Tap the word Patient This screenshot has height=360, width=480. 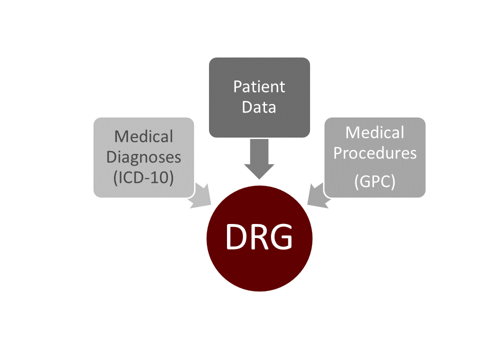tap(259, 87)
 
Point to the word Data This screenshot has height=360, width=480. tap(259, 107)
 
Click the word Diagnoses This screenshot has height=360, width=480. tap(144, 157)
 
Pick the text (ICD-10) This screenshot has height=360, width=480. tap(144, 177)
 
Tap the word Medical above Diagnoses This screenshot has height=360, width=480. tap(144, 136)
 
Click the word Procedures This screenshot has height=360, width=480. tap(375, 152)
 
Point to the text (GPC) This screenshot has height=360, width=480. tap(375, 182)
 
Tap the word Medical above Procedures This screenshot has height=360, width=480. tap(375, 132)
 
